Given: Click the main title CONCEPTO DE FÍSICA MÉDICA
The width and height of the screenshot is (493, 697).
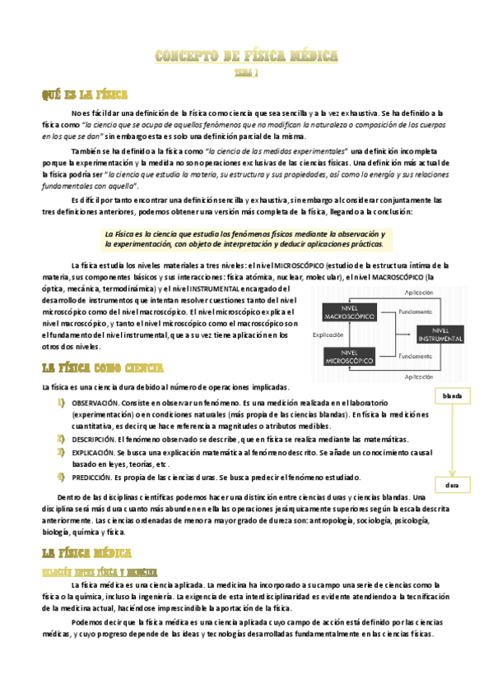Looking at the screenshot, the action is tap(247, 57).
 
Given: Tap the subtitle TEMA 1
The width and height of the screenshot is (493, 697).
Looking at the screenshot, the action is tap(247, 72).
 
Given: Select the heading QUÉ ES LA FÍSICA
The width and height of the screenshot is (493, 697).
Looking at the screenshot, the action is tap(85, 95).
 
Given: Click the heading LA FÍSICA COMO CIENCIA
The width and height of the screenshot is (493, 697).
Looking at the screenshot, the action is tap(102, 367).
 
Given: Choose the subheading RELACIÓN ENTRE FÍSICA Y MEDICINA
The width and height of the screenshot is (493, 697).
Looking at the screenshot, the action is tap(100, 571).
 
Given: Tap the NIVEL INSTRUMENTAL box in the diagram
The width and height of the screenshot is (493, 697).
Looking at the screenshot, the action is tap(445, 335).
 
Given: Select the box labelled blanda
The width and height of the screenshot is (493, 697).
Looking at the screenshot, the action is tap(452, 397).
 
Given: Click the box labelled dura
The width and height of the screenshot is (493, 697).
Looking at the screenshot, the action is tap(452, 486).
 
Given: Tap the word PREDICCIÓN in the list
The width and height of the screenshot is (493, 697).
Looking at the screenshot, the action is tap(93, 477).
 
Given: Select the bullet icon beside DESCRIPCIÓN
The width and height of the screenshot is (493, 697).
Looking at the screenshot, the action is tap(61, 440).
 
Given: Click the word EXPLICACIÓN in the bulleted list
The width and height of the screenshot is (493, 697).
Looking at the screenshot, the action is tap(93, 452).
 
